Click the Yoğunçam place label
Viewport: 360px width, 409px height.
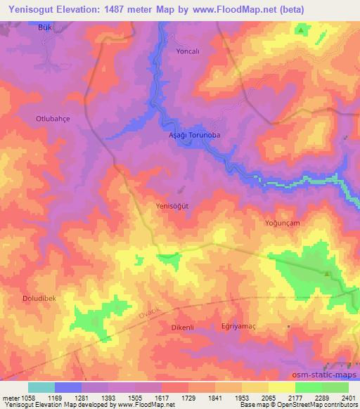pos(282,223)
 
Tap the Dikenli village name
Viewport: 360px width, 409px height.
pos(182,327)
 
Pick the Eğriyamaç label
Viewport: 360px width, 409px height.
pos(236,327)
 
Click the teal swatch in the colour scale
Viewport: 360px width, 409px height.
pos(41,387)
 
